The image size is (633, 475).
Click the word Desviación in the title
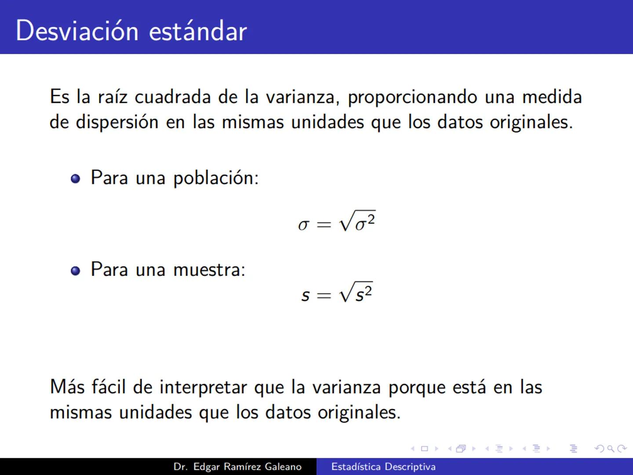point(77,31)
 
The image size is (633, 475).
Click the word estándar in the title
point(198,31)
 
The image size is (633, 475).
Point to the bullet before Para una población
point(76,179)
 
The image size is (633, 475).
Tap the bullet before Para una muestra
point(76,270)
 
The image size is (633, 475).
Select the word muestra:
point(209,270)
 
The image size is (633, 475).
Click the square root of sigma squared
point(357,221)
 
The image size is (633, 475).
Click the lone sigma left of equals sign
point(303,225)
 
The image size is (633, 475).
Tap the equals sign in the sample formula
point(324,296)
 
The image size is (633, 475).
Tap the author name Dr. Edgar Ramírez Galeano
point(237,467)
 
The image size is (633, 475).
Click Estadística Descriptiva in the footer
point(383,467)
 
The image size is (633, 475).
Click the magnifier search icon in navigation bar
point(610,449)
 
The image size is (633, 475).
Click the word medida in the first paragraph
point(552,97)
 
